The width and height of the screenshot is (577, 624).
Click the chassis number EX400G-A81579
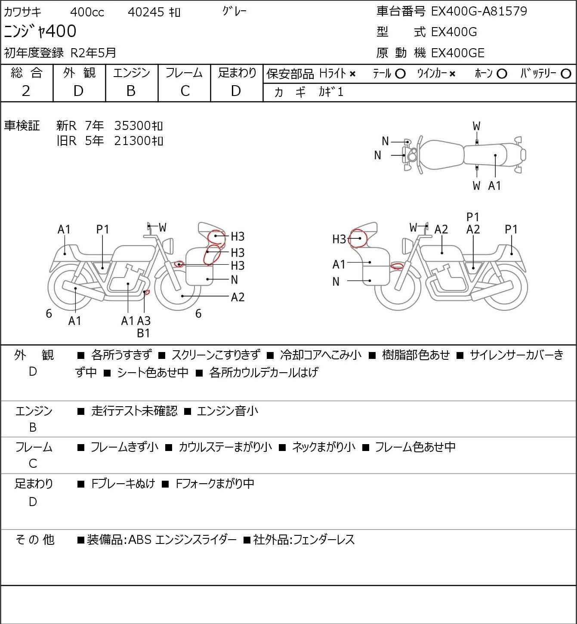[479, 11]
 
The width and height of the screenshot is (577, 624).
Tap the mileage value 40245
[146, 12]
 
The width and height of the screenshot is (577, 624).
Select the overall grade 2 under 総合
[26, 91]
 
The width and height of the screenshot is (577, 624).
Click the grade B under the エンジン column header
[131, 91]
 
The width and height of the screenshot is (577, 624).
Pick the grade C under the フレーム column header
[185, 91]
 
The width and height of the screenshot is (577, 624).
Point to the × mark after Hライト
[353, 74]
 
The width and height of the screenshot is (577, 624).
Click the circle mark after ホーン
[502, 74]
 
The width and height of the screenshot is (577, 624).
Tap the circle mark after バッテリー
[566, 74]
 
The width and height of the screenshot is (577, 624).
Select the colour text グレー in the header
[235, 12]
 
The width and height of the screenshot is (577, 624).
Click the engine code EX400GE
[457, 53]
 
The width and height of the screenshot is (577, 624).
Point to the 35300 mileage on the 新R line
[132, 126]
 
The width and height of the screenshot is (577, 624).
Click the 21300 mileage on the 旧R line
[132, 141]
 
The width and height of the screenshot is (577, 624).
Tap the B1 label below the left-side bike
[144, 333]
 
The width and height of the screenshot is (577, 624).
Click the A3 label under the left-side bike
[144, 321]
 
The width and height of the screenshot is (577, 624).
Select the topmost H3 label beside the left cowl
[238, 237]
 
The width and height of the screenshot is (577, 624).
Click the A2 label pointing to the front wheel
[238, 297]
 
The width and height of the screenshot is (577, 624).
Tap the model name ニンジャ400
[40, 31]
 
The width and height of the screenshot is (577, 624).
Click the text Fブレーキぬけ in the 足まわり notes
[123, 484]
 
